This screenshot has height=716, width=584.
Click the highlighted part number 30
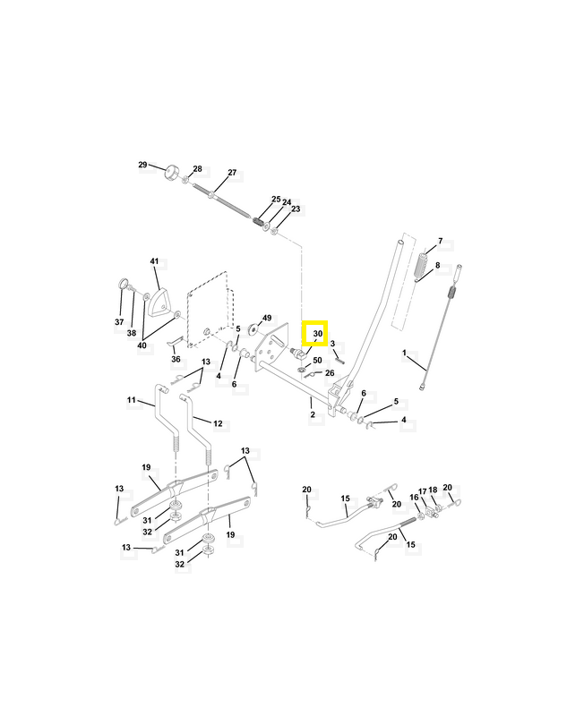pyautogui.click(x=318, y=334)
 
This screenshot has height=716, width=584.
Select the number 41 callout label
pyautogui.click(x=154, y=261)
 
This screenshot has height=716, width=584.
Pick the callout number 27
pyautogui.click(x=232, y=173)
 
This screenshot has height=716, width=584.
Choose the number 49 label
pyautogui.click(x=267, y=318)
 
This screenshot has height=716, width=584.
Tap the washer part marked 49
pyautogui.click(x=253, y=328)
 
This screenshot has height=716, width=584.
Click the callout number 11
pyautogui.click(x=132, y=400)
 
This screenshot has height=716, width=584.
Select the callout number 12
pyautogui.click(x=218, y=423)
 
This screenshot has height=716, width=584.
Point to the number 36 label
pyautogui.click(x=176, y=360)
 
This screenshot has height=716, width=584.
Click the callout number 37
pyautogui.click(x=119, y=322)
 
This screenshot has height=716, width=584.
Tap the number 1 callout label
pyautogui.click(x=404, y=353)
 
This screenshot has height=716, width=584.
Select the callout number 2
pyautogui.click(x=313, y=414)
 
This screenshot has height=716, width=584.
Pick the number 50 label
pyautogui.click(x=317, y=361)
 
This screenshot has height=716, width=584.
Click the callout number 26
pyautogui.click(x=330, y=373)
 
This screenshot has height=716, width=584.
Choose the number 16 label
pyautogui.click(x=414, y=498)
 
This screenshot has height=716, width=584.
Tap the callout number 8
pyautogui.click(x=437, y=265)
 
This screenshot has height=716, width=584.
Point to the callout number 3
pyautogui.click(x=332, y=344)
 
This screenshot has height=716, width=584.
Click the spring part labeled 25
pyautogui.click(x=259, y=222)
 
